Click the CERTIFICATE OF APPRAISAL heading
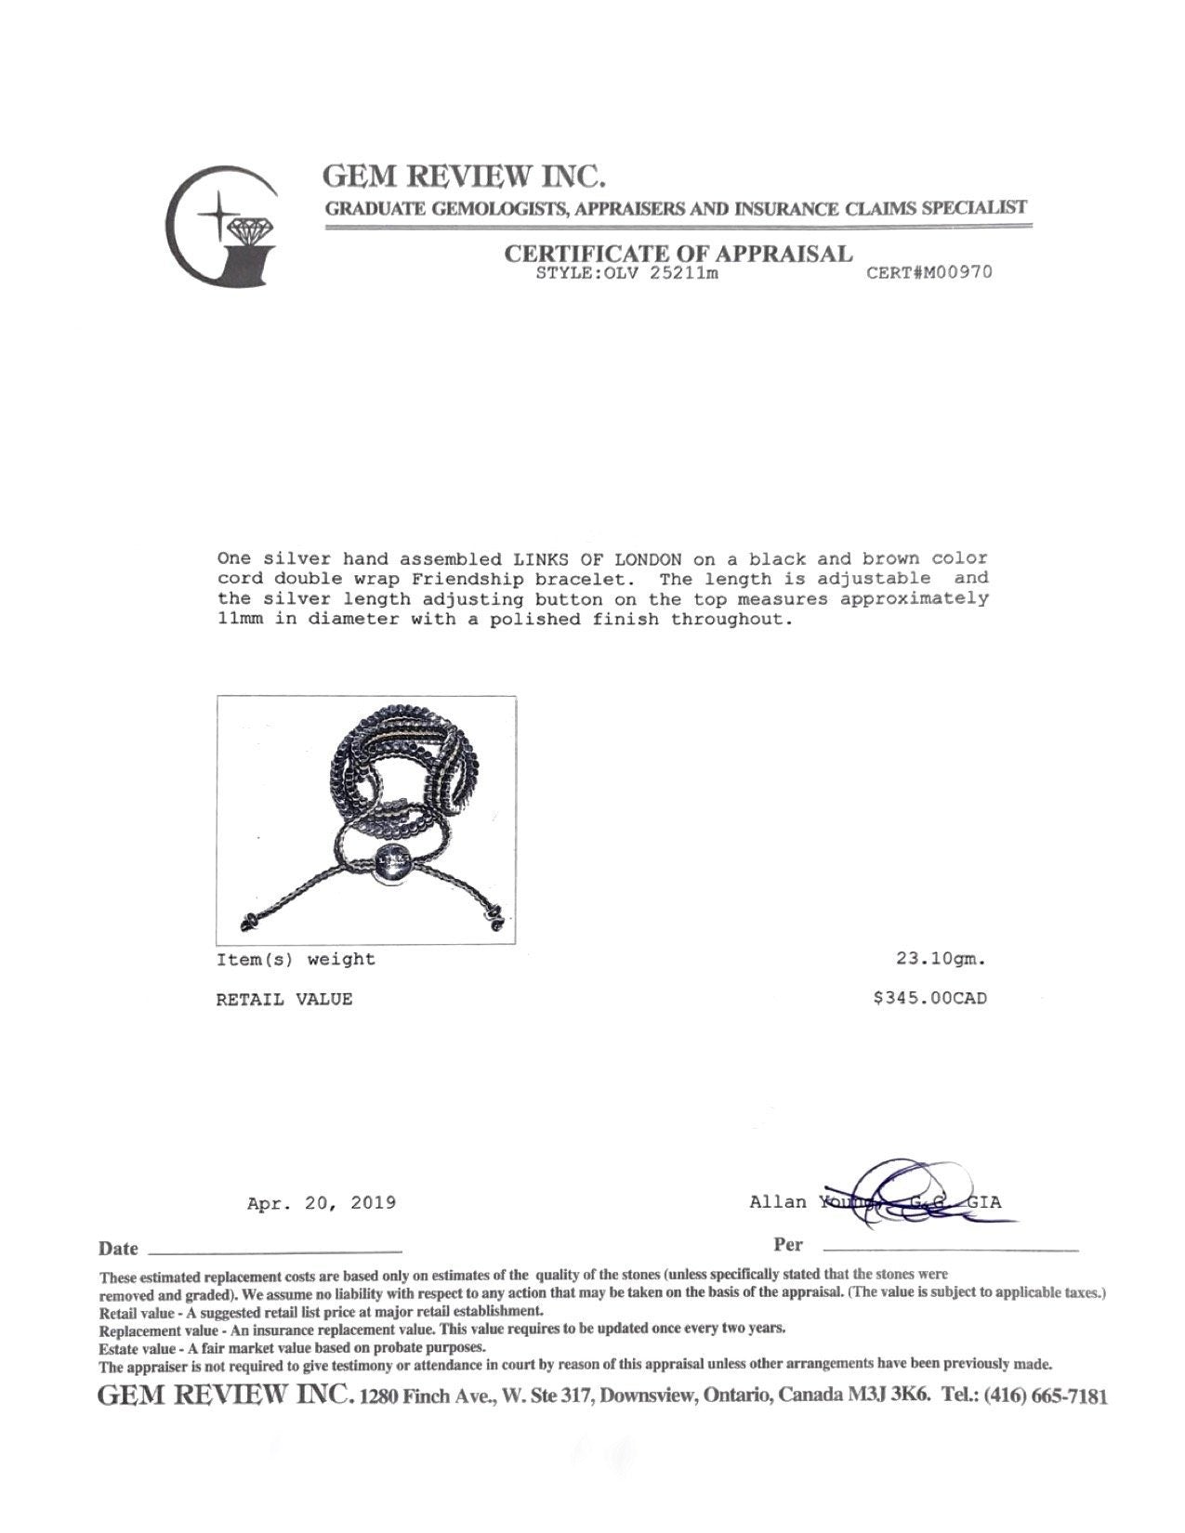coord(678,253)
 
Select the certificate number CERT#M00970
coord(928,273)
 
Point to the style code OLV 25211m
coord(669,274)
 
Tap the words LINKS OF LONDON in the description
coord(598,559)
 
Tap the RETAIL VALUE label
coord(284,1000)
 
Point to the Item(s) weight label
coord(296,960)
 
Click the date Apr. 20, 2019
coord(322,1203)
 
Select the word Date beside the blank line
coord(118,1249)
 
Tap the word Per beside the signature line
coord(788,1245)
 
